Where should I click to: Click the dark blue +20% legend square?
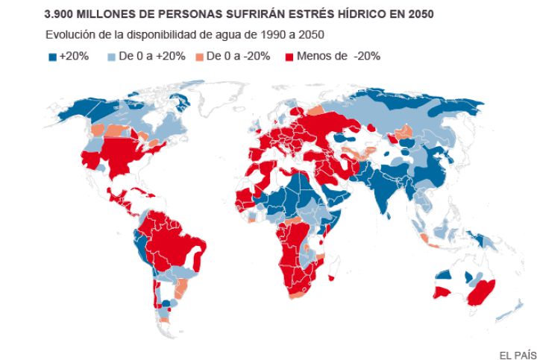point(52,57)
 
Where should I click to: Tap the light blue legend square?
point(113,57)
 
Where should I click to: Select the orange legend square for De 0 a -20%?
point(198,57)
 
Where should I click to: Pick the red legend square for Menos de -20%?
point(289,57)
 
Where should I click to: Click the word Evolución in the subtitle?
point(69,35)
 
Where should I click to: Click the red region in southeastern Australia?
point(478,293)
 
